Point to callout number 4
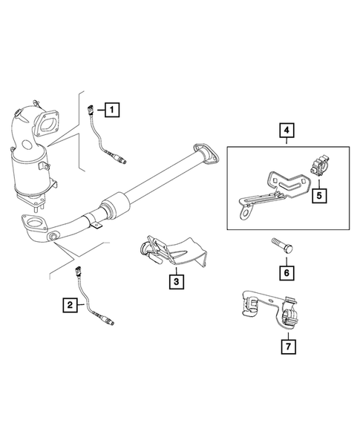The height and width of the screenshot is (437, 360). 287,133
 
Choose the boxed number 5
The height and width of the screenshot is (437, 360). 318,196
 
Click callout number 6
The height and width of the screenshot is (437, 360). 285,273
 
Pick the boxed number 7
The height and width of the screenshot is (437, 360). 287,346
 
